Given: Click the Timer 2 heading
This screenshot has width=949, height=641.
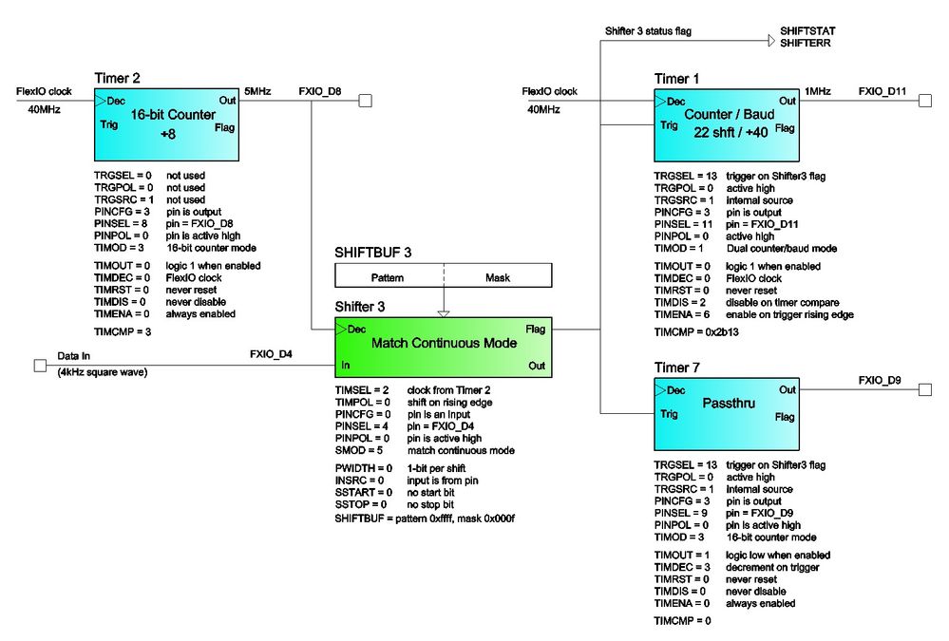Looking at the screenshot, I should pyautogui.click(x=119, y=77).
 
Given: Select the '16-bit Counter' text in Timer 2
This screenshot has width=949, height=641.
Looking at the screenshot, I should pyautogui.click(x=167, y=115).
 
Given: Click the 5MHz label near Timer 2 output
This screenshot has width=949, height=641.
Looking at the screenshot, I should pyautogui.click(x=257, y=91).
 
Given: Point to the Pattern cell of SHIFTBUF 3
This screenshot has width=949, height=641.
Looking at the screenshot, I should pyautogui.click(x=388, y=276).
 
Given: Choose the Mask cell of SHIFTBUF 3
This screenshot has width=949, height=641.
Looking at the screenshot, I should pyautogui.click(x=497, y=276).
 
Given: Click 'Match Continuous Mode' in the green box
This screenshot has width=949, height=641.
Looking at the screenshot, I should pyautogui.click(x=444, y=343).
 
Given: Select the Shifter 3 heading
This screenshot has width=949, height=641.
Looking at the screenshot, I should pyautogui.click(x=361, y=306).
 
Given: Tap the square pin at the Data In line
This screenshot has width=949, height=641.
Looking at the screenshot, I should pyautogui.click(x=40, y=364).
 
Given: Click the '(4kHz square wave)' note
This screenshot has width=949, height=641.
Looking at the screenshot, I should pyautogui.click(x=103, y=371).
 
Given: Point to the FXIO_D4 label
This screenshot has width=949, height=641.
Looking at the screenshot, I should pyautogui.click(x=271, y=354).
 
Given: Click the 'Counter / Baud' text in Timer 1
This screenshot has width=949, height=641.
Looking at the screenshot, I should pyautogui.click(x=728, y=115).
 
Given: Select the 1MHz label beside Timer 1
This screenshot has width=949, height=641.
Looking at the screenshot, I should pyautogui.click(x=818, y=91).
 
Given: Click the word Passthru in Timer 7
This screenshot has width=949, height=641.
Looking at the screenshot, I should pyautogui.click(x=727, y=403).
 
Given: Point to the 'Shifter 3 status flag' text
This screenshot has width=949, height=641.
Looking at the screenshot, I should pyautogui.click(x=648, y=31).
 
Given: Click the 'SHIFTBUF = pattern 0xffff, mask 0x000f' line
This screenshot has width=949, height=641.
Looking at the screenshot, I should pyautogui.click(x=426, y=519).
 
